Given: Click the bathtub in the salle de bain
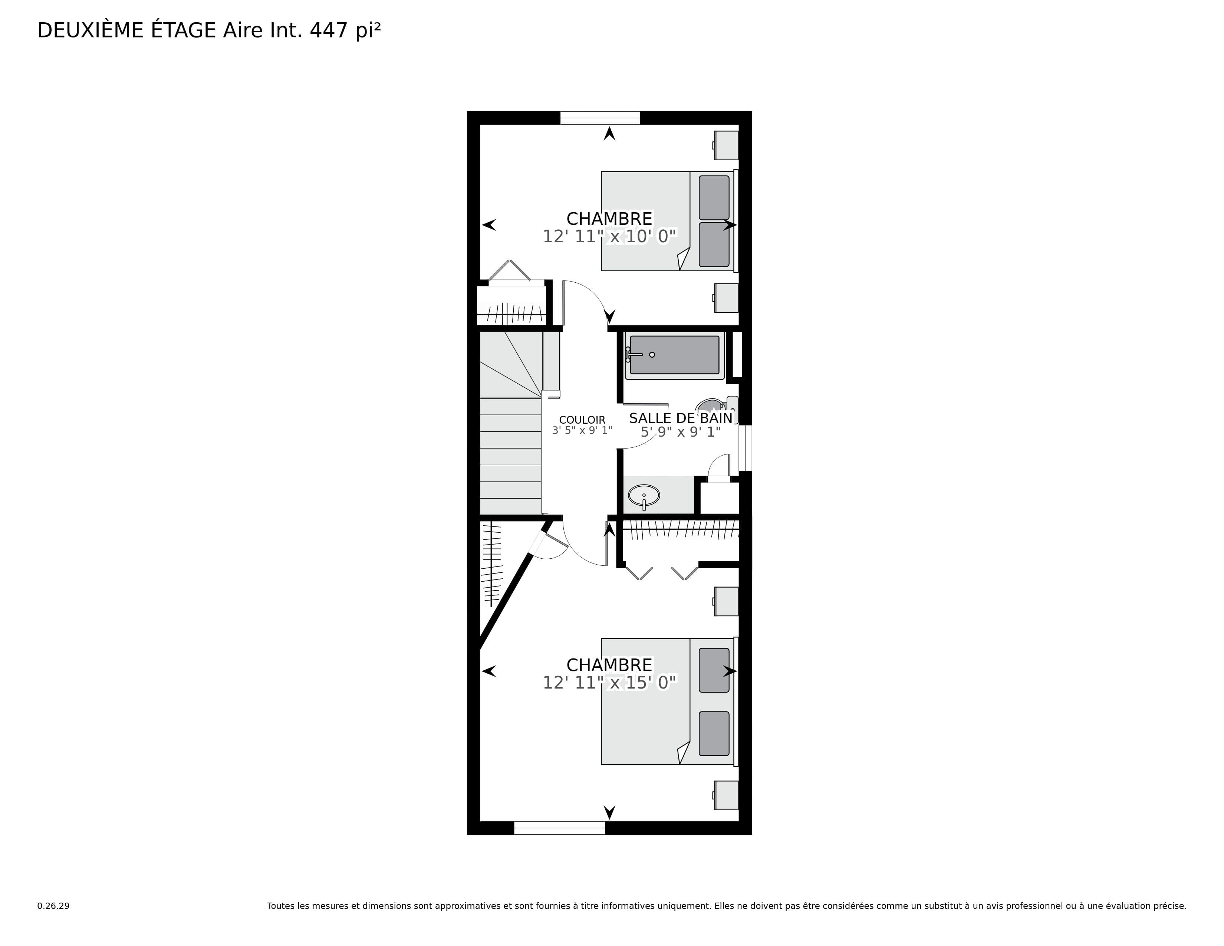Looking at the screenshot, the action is (x=675, y=355).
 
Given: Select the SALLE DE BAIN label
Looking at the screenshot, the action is (x=681, y=418).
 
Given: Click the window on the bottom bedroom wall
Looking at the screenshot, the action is (x=560, y=828).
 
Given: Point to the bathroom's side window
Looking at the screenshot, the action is (x=746, y=449).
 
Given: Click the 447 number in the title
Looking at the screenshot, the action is (x=328, y=31).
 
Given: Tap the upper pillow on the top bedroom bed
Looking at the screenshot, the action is (x=714, y=198).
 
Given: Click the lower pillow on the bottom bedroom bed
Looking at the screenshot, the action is (x=714, y=733).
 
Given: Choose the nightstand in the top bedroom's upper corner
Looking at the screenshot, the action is (x=726, y=145).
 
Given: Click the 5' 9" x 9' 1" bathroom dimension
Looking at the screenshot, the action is (x=681, y=432).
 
